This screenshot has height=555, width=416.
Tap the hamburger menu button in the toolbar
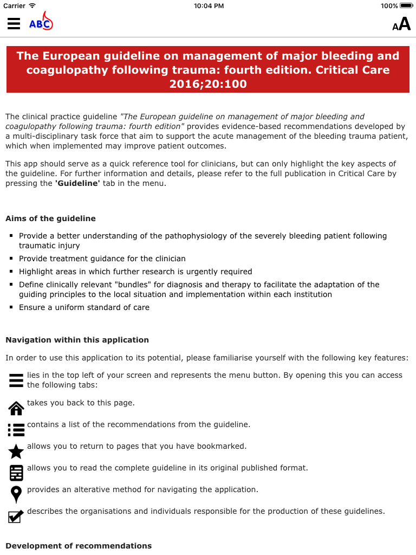[14, 23]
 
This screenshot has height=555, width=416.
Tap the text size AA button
[401, 24]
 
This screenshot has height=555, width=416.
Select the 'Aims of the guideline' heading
[50, 218]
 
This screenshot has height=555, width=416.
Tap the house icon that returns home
[16, 408]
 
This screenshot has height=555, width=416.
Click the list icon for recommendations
[16, 429]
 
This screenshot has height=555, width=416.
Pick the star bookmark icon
[16, 451]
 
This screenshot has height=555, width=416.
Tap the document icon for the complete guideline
[16, 473]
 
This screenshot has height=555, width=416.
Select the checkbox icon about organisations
[16, 516]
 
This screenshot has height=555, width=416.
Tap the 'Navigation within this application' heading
[77, 340]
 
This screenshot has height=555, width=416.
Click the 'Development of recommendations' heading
[79, 546]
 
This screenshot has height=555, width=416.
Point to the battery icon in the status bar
[406, 5]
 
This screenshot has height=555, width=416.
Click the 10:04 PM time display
[209, 5]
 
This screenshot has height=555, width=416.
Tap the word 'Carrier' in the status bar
[14, 5]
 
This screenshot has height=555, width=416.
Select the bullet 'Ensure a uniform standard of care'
[84, 307]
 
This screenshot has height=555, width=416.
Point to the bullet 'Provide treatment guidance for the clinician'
[102, 259]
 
